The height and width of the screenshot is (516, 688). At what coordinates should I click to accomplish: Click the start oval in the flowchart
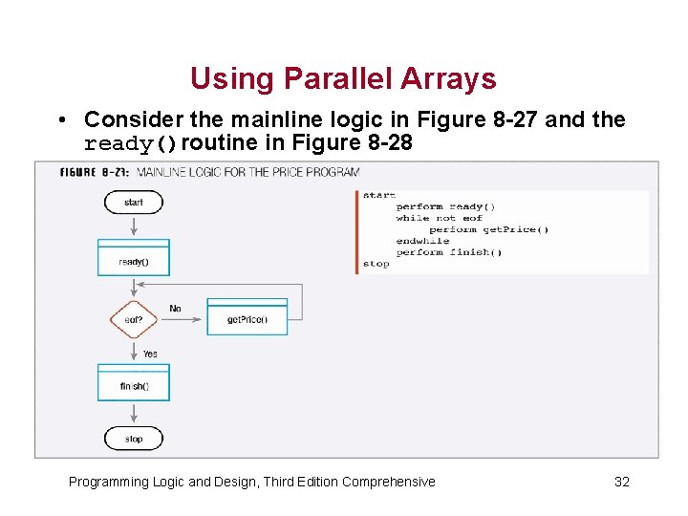click(134, 202)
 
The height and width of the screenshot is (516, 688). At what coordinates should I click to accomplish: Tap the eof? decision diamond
click(134, 319)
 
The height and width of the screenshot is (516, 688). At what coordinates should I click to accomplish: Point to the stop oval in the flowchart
click(134, 439)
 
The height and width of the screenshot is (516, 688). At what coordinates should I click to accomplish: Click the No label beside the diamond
click(175, 309)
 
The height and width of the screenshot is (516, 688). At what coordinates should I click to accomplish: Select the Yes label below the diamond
click(150, 354)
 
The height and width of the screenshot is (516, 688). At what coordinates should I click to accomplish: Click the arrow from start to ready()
click(134, 226)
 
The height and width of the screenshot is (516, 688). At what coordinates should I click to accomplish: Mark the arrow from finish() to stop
click(134, 413)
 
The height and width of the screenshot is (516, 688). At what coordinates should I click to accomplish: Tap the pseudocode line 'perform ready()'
click(445, 206)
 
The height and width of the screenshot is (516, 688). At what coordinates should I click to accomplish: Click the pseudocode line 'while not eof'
click(440, 218)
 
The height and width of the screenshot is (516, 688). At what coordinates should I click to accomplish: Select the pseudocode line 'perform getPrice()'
click(488, 229)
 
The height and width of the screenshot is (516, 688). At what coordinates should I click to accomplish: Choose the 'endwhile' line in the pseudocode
click(422, 241)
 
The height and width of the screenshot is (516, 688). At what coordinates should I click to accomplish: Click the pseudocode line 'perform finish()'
click(448, 252)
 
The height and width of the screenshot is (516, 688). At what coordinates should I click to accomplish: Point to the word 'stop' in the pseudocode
click(376, 264)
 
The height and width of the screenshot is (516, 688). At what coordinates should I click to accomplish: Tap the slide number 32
click(621, 482)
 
